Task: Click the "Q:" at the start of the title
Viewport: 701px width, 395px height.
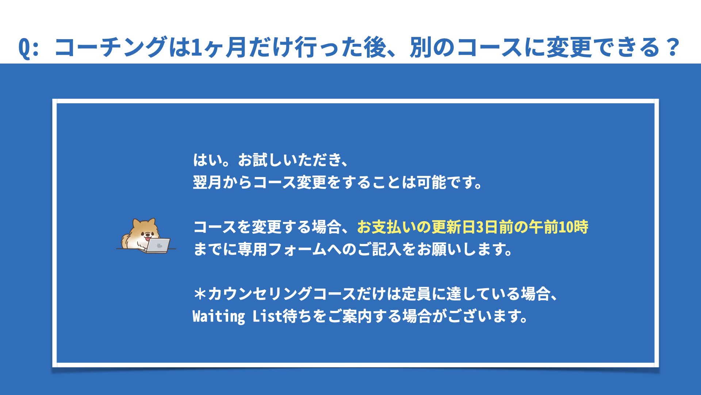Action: click(28, 48)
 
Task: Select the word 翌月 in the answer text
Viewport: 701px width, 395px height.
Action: click(207, 182)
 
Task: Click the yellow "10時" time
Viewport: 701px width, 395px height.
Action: click(573, 227)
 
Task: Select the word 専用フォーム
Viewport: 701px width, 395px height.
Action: click(282, 249)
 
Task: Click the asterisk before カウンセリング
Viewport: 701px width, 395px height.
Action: click(200, 294)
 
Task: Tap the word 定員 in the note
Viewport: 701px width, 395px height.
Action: click(416, 294)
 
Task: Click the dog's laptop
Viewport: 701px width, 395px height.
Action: click(158, 245)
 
